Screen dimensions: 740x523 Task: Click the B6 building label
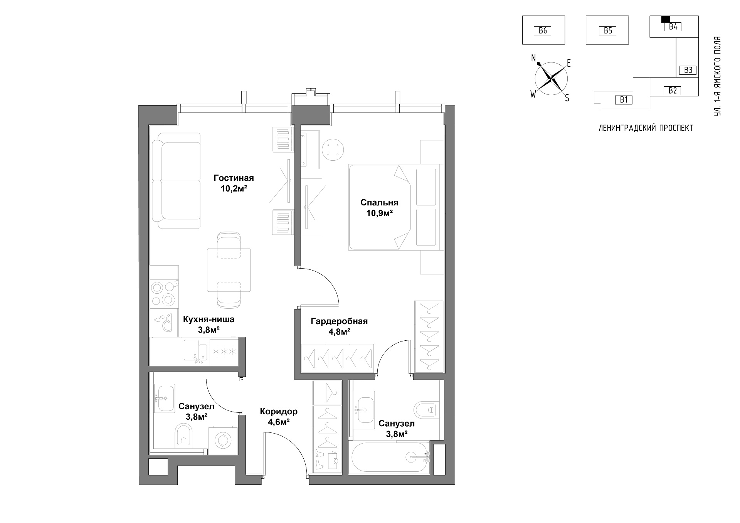click(543, 30)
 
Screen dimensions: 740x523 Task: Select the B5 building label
click(608, 30)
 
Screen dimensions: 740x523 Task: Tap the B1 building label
click(624, 100)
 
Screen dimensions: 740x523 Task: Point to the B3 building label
click(688, 70)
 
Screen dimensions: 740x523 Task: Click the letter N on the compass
click(534, 58)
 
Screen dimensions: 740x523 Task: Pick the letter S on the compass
click(567, 98)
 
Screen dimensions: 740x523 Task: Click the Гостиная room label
click(234, 178)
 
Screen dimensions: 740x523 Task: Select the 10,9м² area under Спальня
click(379, 213)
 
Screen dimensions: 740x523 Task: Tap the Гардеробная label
click(339, 321)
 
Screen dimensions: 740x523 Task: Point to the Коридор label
click(279, 412)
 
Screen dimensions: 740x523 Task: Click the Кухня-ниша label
click(209, 320)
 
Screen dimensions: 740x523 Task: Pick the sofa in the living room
click(176, 181)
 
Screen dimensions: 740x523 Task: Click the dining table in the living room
click(229, 270)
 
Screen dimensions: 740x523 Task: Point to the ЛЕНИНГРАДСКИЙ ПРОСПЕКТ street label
click(646, 128)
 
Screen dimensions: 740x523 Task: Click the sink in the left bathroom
click(165, 399)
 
